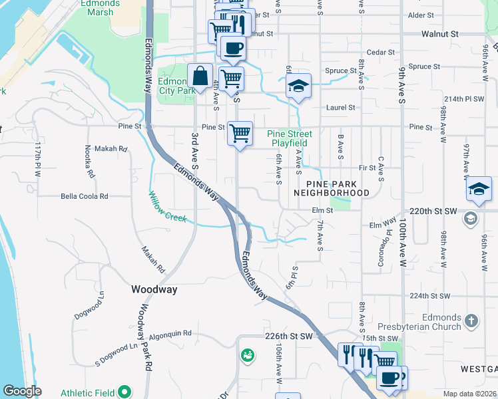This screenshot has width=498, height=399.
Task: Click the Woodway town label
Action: point(153,289)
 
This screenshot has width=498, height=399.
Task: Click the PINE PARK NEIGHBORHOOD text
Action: point(338,188)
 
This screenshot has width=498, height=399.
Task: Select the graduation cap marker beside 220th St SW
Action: point(479,189)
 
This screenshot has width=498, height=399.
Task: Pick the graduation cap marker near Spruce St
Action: point(299,86)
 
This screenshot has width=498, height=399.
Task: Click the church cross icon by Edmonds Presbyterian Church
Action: point(471,321)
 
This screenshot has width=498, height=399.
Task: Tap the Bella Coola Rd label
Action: point(85,196)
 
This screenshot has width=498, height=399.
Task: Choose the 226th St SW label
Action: point(288,337)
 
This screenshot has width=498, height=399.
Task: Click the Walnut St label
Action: point(440,33)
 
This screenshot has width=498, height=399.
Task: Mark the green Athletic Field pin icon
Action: point(124,392)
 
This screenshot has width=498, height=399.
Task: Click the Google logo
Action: point(22,391)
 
